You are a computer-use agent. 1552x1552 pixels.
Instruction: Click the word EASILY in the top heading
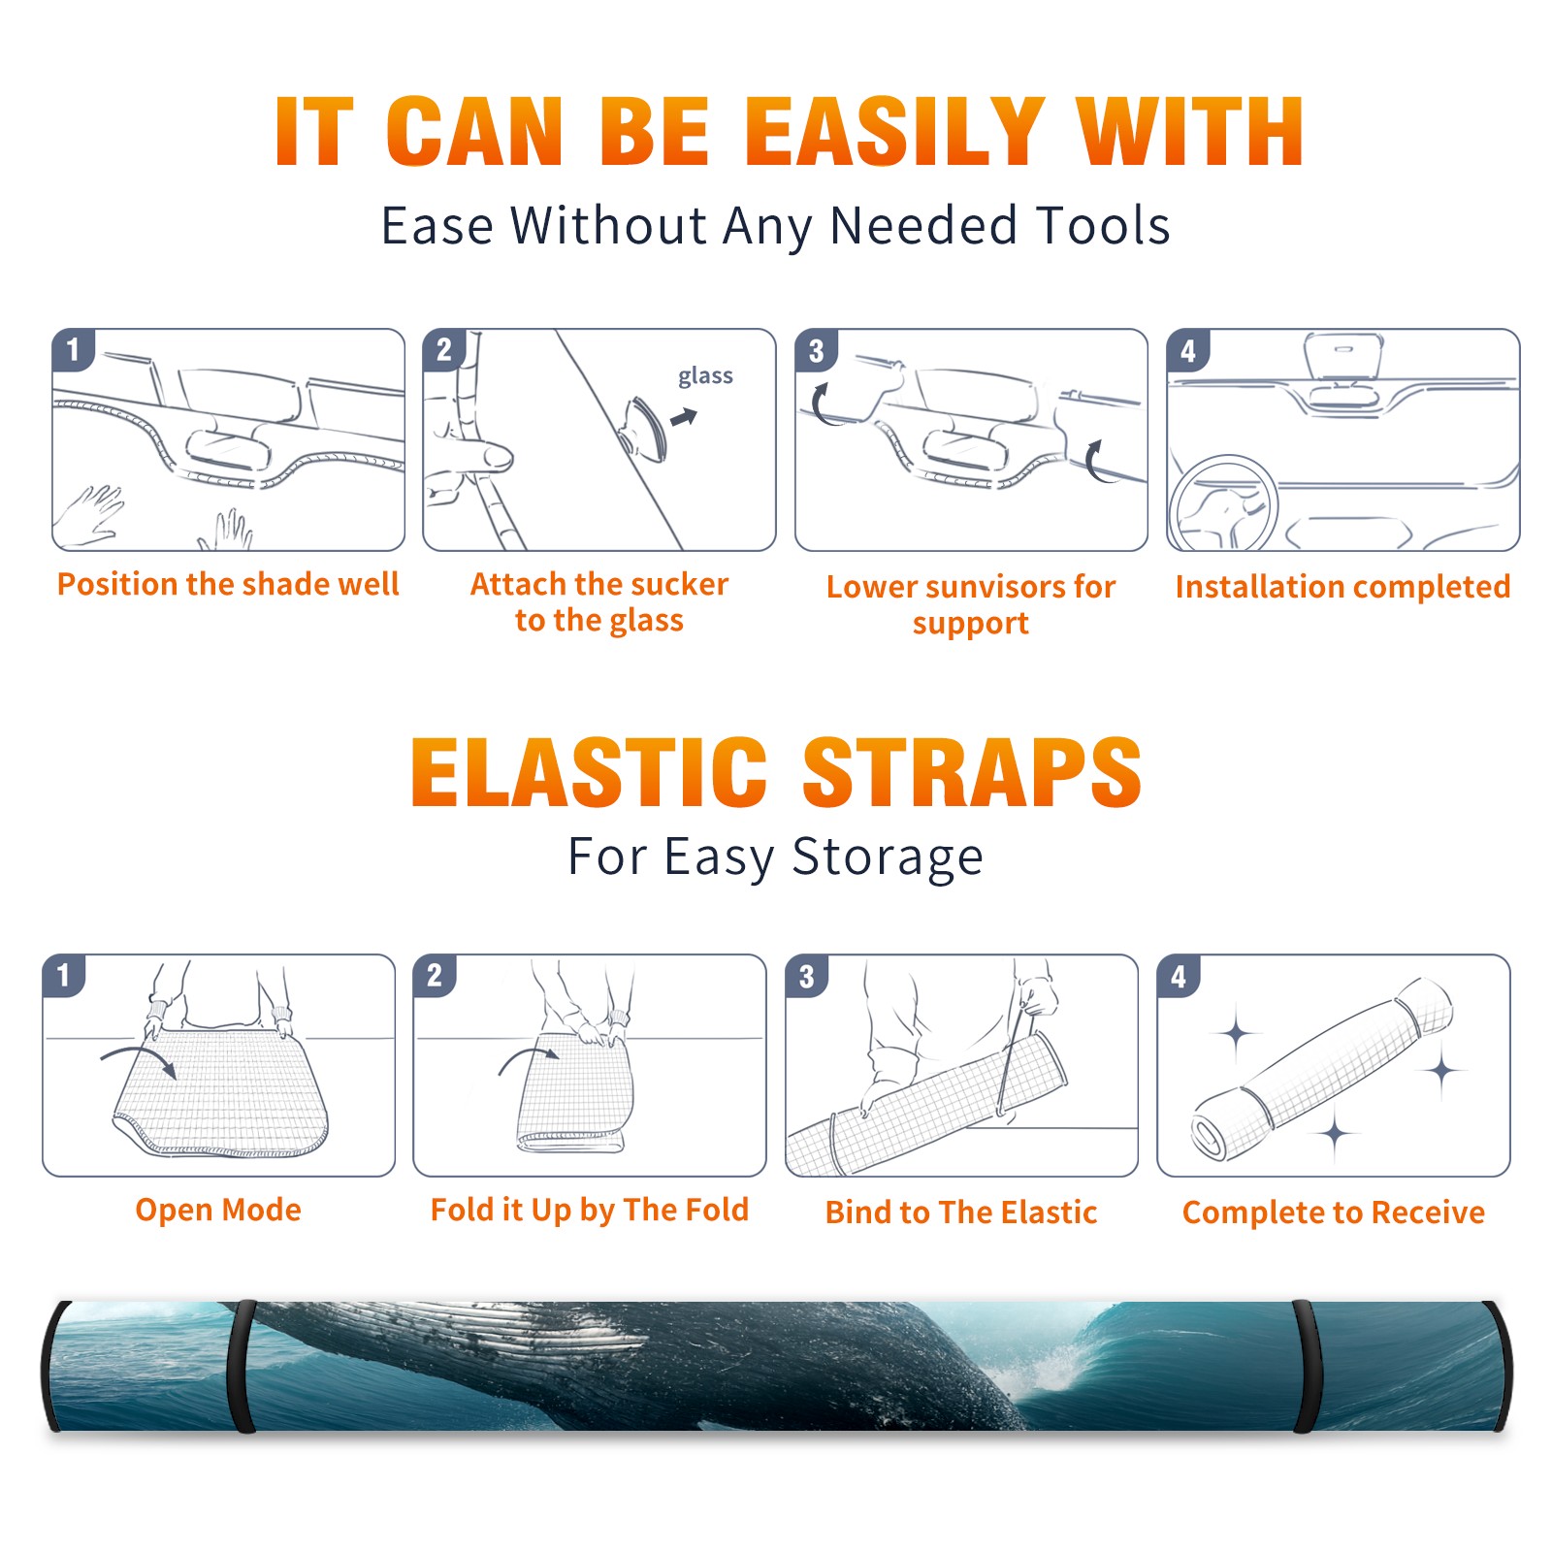coord(894,132)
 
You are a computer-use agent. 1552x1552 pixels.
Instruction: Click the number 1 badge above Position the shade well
coord(73,349)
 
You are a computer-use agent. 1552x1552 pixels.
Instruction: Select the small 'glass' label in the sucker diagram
coord(705,376)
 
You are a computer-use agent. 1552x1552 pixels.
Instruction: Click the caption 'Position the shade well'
coord(228,584)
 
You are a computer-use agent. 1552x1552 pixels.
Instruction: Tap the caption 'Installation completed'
coord(1342,586)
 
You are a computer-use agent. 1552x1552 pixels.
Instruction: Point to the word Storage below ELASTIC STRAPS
coord(888,857)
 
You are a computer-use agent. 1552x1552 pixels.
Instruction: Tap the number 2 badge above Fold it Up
coord(435,975)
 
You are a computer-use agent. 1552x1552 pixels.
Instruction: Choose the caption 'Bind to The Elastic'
coord(960,1212)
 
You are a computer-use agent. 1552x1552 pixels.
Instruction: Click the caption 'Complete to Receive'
coord(1333,1212)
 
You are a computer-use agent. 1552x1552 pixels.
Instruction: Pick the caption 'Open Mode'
coord(218,1210)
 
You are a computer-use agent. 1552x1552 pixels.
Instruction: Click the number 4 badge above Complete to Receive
coord(1179,975)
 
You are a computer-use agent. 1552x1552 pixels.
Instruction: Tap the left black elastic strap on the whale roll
coord(242,1367)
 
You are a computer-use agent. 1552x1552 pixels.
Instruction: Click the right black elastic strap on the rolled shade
coord(1307,1367)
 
